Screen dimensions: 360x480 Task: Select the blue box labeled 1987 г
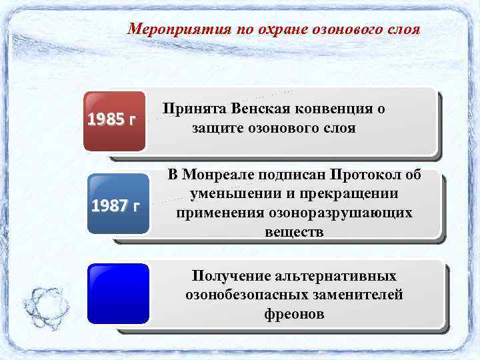[x=119, y=203]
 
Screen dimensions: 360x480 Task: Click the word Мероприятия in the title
[x=178, y=30]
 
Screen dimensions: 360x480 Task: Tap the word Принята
[x=193, y=109]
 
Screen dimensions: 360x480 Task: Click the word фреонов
[x=294, y=313]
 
